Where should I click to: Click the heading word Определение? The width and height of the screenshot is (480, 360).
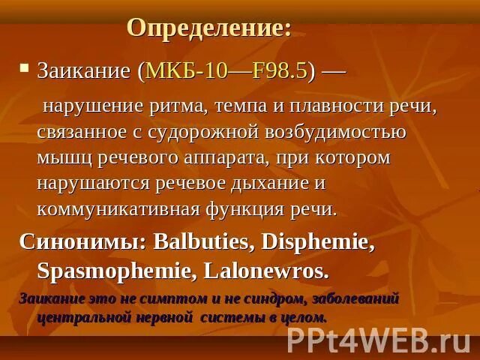tap(208, 28)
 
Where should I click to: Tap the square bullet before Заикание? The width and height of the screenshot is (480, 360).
tap(25, 68)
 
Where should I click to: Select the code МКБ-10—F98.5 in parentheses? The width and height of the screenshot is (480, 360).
tap(226, 71)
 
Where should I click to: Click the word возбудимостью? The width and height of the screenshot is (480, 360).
tap(333, 132)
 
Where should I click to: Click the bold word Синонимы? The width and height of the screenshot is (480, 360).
tap(82, 242)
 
